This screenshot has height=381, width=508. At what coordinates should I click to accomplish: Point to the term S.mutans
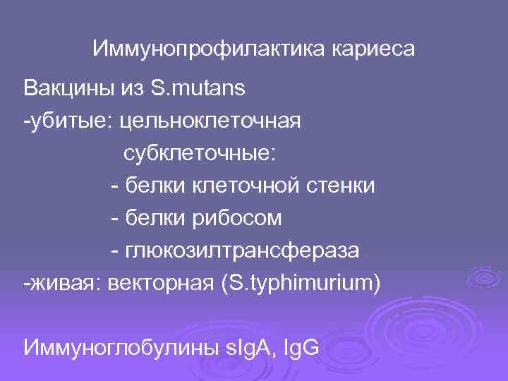(x=198, y=90)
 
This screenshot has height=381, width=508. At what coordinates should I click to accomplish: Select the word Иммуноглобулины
(x=116, y=347)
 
